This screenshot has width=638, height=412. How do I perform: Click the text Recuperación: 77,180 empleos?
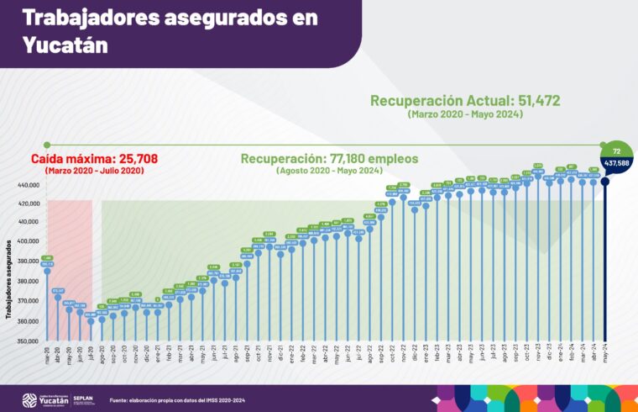pos(329,158)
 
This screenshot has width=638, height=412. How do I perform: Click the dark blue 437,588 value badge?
pos(617,161)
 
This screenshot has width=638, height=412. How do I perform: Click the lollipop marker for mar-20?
pos(47,272)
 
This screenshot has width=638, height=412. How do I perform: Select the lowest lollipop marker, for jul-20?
pos(91,320)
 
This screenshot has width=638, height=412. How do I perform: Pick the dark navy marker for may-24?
pos(605,180)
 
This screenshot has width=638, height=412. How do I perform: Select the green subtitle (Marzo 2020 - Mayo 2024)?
pos(465,114)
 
